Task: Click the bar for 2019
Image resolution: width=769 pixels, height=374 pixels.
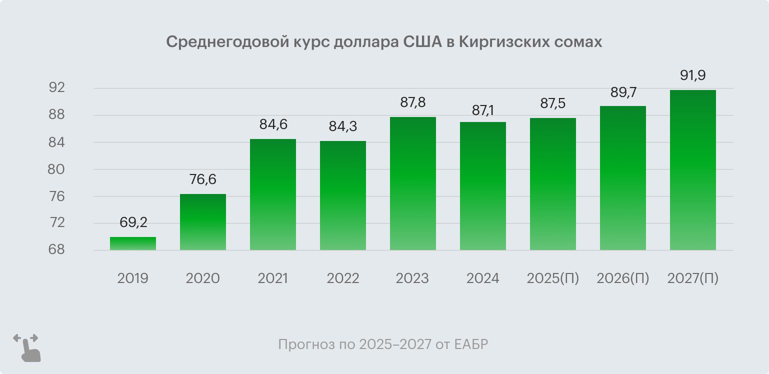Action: pyautogui.click(x=133, y=243)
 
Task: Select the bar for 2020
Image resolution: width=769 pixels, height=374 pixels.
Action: pyautogui.click(x=202, y=222)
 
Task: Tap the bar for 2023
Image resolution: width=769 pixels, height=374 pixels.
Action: pyautogui.click(x=412, y=183)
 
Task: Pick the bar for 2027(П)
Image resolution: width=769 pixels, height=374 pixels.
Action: pyautogui.click(x=692, y=170)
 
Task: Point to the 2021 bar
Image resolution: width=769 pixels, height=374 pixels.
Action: pyautogui.click(x=272, y=194)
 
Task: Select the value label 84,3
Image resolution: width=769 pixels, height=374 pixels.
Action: pyautogui.click(x=343, y=127)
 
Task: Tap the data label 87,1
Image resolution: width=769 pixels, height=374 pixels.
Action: pyautogui.click(x=482, y=109)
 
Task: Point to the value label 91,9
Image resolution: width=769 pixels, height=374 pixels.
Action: pyautogui.click(x=692, y=76)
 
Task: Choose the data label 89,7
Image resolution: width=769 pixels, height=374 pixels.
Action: pyautogui.click(x=622, y=92)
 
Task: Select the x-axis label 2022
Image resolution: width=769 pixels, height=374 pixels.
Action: pyautogui.click(x=343, y=278)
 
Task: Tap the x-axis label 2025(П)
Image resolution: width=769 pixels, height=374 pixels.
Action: pyautogui.click(x=552, y=278)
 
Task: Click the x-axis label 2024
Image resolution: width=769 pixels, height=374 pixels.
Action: pyautogui.click(x=482, y=278)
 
